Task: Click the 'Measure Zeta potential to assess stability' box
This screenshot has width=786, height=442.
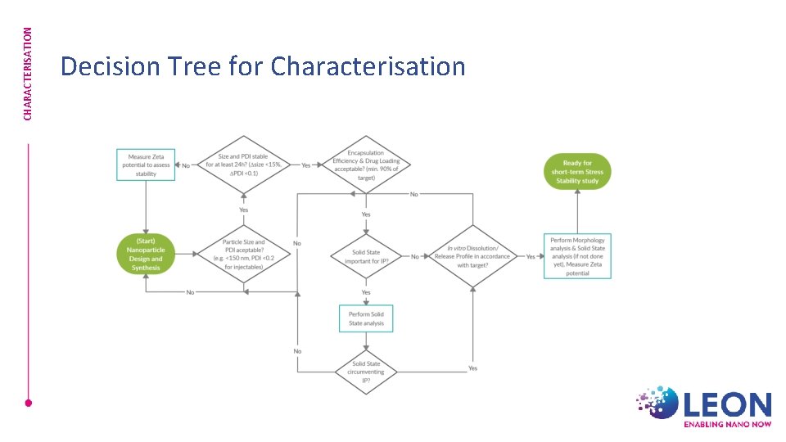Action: (x=146, y=165)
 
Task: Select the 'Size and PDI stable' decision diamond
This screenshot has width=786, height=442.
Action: (x=243, y=165)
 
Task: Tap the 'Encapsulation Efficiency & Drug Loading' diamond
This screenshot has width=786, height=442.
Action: (x=366, y=165)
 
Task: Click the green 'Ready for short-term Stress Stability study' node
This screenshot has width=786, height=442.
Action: (x=576, y=172)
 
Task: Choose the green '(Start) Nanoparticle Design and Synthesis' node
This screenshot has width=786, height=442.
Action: (x=147, y=255)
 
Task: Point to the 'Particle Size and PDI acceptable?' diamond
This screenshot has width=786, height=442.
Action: (x=243, y=255)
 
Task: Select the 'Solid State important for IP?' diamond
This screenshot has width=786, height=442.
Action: (x=366, y=256)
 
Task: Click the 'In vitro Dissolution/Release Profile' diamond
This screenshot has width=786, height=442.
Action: (x=472, y=256)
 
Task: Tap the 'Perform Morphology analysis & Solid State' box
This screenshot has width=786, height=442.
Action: (x=577, y=256)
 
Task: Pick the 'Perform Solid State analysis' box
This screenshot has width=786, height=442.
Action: (x=366, y=318)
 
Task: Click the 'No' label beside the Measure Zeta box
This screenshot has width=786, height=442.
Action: (x=186, y=165)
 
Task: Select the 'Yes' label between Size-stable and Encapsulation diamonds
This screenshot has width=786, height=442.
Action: (x=306, y=165)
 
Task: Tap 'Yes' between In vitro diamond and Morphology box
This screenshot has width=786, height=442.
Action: (x=531, y=256)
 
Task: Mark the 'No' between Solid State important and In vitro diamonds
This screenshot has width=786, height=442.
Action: (x=415, y=256)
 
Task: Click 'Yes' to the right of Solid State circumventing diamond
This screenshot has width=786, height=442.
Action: (x=472, y=368)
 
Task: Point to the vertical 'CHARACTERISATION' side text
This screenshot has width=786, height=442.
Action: (x=28, y=74)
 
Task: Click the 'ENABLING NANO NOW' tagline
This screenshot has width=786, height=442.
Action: (x=727, y=425)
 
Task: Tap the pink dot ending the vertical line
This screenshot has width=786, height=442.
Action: (x=28, y=403)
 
